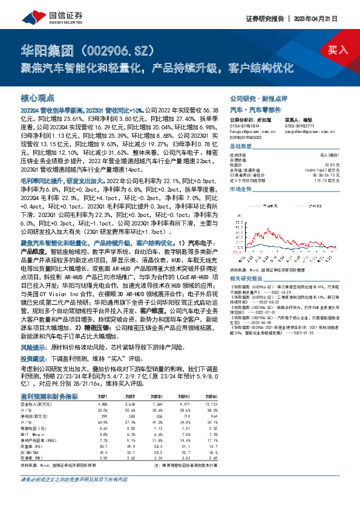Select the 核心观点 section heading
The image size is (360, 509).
(x=38, y=97)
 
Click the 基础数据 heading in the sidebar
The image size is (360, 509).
(x=241, y=147)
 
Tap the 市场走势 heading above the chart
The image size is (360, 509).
(x=241, y=189)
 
